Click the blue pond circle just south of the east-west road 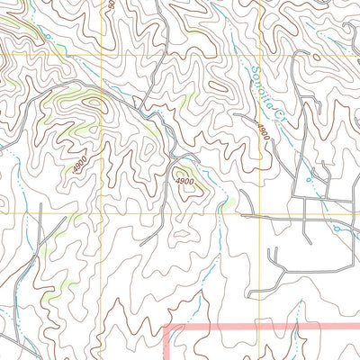coord(337,229)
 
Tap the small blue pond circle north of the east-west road coord(309,179)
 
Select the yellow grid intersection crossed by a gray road coord(265,214)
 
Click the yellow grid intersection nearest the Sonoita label coord(265,54)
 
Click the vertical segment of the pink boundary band coord(169,346)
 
